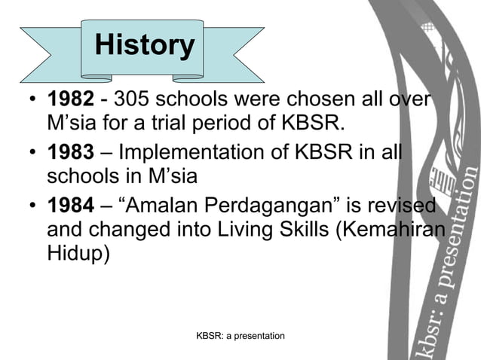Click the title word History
tap(144, 45)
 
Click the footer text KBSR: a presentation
tap(240, 335)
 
